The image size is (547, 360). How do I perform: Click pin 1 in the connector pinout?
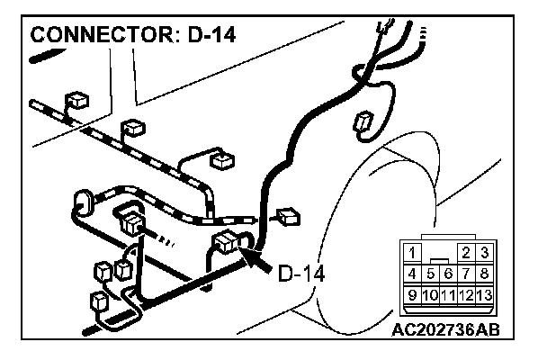412,253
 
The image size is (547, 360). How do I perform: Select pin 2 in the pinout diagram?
467,253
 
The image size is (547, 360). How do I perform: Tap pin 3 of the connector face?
485,253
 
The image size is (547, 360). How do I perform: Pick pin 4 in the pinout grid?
412,273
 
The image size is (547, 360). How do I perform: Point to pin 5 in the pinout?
430,273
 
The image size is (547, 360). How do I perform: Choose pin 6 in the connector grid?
448,273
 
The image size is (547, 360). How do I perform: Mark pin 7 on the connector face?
467,273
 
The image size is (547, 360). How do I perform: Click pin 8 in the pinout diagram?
485,273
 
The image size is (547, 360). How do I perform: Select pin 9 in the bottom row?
412,293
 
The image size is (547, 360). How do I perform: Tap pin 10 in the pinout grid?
430,293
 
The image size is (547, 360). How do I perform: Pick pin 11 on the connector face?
448,293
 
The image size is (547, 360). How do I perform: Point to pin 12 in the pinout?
467,293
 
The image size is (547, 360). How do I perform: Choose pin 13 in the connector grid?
485,293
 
